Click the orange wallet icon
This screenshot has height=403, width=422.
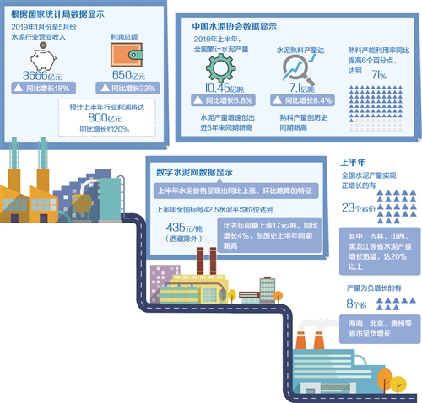click(x=122, y=56)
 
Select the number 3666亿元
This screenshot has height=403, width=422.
click(x=41, y=77)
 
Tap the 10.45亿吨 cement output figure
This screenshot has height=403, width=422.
click(x=217, y=87)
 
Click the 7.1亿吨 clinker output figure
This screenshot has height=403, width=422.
click(x=302, y=87)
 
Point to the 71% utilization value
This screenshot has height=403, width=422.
click(x=379, y=76)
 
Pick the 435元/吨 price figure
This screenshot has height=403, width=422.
click(x=183, y=227)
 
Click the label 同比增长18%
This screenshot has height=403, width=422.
click(x=48, y=88)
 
